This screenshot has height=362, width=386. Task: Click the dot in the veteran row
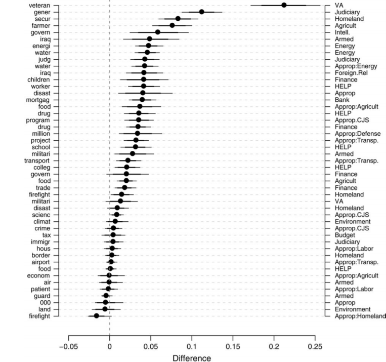pos(284,5)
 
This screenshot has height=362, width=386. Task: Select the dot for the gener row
pos(201,12)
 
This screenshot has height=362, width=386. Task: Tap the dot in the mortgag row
pos(142,99)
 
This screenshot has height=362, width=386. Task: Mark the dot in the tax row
pos(113,234)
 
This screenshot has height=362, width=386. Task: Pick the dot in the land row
pos(105,309)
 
